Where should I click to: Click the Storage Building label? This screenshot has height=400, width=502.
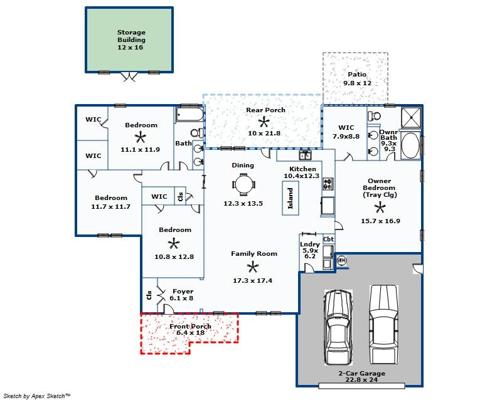click(131, 36)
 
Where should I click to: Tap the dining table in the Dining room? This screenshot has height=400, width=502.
click(244, 185)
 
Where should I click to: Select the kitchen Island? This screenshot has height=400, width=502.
click(291, 198)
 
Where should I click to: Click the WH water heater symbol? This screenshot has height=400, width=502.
click(341, 260)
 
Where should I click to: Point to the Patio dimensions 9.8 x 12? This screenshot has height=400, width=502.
click(357, 83)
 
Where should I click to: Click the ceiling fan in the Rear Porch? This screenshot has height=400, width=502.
click(264, 122)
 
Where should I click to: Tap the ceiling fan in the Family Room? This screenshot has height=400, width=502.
click(253, 267)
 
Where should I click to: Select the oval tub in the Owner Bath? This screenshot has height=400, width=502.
click(410, 145)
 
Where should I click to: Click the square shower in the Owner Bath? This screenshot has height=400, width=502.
click(411, 117)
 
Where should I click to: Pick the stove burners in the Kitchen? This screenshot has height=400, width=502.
click(328, 184)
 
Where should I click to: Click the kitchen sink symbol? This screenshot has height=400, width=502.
click(305, 155)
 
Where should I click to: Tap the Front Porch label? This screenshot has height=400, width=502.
click(190, 326)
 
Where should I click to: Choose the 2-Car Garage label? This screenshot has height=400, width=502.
click(362, 373)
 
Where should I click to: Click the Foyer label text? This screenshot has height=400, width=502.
click(183, 291)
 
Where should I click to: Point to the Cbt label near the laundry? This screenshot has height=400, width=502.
click(328, 239)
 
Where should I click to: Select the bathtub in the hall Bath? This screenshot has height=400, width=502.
click(190, 115)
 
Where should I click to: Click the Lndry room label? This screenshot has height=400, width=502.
click(310, 245)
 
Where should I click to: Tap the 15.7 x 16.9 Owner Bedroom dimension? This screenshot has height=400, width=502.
click(380, 221)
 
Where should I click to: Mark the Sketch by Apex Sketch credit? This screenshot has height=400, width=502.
click(36, 396)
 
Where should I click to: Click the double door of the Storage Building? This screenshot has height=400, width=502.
click(129, 77)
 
